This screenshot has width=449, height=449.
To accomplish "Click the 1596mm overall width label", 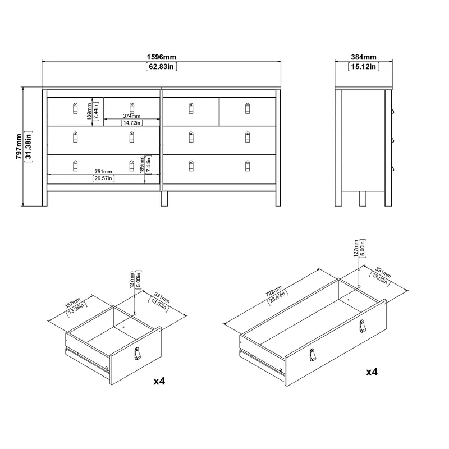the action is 162,57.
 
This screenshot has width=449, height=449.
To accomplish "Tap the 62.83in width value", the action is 162,67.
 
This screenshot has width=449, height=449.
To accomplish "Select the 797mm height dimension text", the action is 19,146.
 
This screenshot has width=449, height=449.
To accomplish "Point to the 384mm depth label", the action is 364,57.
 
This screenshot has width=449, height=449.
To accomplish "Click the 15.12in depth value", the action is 364,67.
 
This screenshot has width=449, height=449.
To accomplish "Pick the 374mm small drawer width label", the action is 132,116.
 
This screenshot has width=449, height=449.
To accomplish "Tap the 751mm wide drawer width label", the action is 103,172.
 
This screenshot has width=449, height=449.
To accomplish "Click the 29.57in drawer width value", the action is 103,178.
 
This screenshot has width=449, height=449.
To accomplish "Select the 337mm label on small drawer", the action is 72,303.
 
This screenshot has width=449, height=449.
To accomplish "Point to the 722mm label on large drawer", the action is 274,291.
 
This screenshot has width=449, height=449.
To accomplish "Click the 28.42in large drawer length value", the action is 278,297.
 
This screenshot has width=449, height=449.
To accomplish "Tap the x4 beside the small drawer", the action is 159,381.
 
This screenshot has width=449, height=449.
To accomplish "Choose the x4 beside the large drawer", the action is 372,372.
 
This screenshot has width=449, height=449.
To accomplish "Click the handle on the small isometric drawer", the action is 138,354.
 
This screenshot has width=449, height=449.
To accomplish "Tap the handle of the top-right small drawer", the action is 248,108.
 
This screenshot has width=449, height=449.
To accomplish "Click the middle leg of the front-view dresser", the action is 164,199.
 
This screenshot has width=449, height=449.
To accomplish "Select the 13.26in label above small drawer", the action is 76,309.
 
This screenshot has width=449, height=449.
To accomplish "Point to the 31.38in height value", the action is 29,146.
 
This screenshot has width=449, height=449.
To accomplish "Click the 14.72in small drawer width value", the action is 132,123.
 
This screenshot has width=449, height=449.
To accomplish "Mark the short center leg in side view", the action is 363,199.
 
